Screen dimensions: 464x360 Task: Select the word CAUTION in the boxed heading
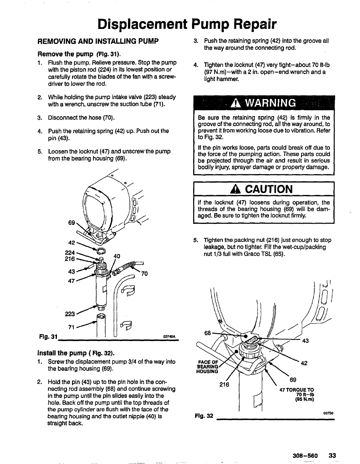coord(269,189)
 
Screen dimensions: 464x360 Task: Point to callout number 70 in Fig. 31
coord(144,273)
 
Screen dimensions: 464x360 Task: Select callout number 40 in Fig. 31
coord(117,256)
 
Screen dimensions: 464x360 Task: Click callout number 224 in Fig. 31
coord(70,252)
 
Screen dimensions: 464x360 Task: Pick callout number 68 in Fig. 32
coord(208,333)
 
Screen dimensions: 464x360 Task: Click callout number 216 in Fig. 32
coord(224,384)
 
